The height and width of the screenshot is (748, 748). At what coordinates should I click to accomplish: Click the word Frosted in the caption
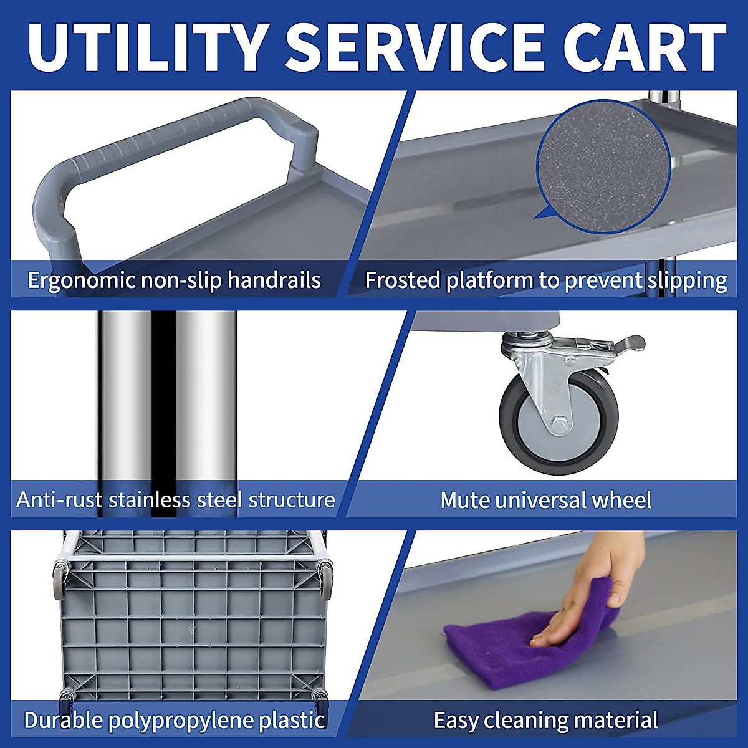click(x=403, y=280)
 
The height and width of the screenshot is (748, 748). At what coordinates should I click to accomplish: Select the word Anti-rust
click(x=59, y=500)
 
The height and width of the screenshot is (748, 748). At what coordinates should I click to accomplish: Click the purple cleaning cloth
click(x=499, y=642)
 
